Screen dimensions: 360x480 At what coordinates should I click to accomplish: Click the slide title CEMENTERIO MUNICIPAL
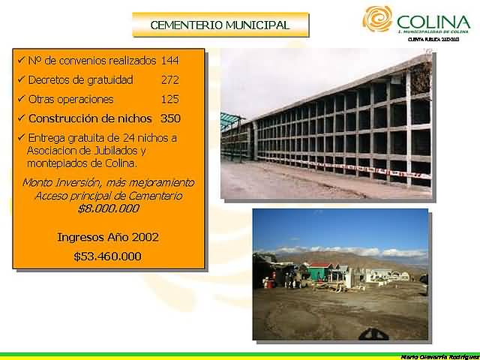point(220,25)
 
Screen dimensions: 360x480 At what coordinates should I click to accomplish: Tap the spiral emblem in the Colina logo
point(376,19)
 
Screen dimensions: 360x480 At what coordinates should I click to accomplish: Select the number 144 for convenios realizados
point(170,60)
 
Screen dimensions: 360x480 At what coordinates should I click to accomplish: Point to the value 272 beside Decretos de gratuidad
point(170,79)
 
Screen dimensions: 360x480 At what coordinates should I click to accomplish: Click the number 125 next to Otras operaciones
point(170,99)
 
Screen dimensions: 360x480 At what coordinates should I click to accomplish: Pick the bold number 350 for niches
point(170,118)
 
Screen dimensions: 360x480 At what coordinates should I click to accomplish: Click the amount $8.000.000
point(108,208)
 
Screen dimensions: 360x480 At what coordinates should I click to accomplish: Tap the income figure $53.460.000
point(108,256)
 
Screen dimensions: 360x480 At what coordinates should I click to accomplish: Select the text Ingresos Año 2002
point(108,237)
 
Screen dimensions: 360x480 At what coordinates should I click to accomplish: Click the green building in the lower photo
point(319,271)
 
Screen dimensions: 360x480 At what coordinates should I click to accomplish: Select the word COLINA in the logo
point(433,21)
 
